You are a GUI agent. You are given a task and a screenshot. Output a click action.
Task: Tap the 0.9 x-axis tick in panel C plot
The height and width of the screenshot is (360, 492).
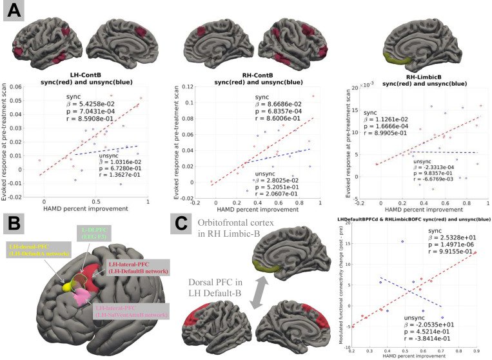click(475, 349)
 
